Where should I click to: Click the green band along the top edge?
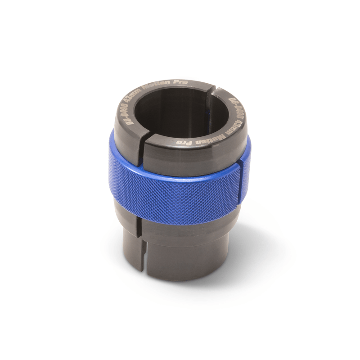180,13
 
